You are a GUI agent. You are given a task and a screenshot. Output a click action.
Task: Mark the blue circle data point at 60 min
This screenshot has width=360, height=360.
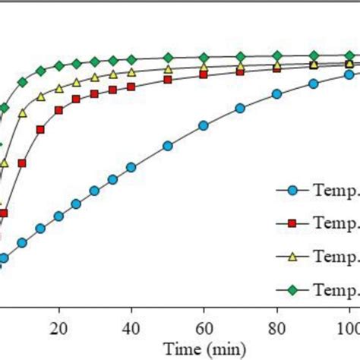pos(204,125)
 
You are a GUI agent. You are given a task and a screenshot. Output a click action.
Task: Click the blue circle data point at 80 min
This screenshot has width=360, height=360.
pos(276,94)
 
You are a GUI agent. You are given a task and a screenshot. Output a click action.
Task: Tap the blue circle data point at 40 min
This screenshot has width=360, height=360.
pos(131,166)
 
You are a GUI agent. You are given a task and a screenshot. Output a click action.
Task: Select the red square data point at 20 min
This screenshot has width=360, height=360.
pos(58,110)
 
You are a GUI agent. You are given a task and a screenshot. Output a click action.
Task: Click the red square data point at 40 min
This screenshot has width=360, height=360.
pos(131,87)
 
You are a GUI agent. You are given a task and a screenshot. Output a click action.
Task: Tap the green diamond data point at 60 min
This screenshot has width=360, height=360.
pos(204,57)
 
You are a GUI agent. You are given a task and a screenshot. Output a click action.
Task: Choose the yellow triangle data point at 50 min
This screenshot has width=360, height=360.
pos(168,69)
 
